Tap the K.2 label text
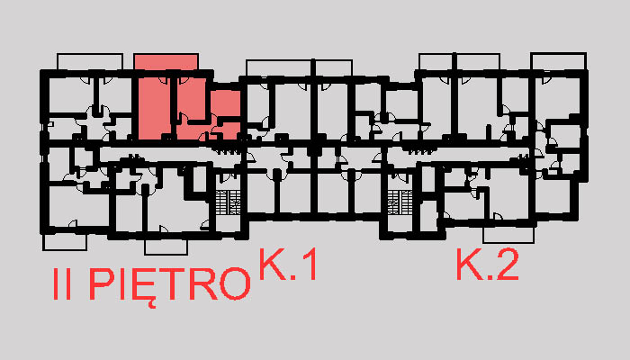pos(487,266)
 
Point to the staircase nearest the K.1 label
pos(229,202)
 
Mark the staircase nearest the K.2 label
pos(398,202)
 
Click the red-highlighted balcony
pos(166,61)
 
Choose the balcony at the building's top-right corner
pos(558,61)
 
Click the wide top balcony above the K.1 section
pos(298,67)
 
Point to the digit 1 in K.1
pos(308,266)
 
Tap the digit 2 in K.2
pos(506,266)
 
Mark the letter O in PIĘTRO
pos(233,284)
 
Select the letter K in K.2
pos(469,266)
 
